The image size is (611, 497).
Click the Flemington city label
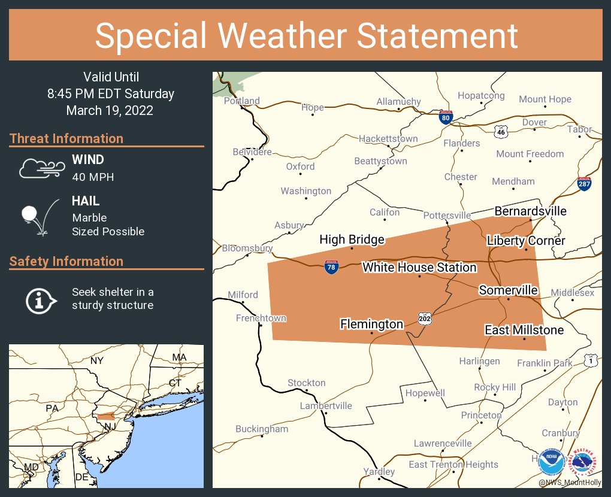pos(371,324)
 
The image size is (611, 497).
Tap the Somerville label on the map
pos(508,290)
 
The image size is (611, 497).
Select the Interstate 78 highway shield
pos(331,267)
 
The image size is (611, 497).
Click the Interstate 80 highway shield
pos(445,117)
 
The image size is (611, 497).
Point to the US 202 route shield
pos(425,317)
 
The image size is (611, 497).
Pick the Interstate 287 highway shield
pos(584,184)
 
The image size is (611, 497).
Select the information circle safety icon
pos(40,299)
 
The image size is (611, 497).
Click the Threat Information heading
pos(66,138)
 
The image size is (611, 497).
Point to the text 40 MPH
pos(93,177)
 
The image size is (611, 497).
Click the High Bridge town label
pos(352,240)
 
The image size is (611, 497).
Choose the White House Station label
pos(419,267)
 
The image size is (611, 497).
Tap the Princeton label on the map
pos(481,415)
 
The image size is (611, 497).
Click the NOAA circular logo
pos(550,462)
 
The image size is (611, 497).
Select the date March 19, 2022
pos(110,111)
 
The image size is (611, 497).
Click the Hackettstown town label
pos(388,138)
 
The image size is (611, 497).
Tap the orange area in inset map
pos(106,417)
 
